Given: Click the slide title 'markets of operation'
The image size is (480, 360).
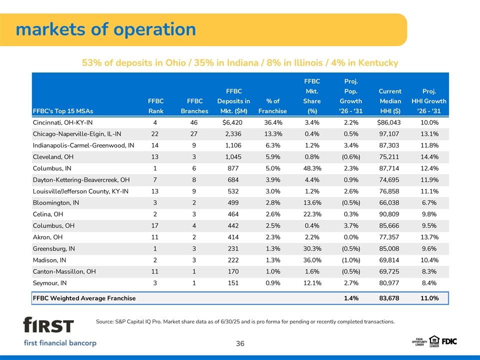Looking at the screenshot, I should (x=105, y=29).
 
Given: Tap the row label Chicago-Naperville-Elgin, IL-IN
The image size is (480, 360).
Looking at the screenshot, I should (x=76, y=133).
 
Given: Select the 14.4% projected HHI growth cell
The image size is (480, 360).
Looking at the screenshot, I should (x=428, y=156).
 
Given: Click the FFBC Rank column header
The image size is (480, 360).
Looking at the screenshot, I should (x=156, y=106).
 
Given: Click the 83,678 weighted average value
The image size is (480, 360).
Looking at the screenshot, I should (x=390, y=298).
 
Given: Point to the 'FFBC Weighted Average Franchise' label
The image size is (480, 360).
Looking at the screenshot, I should (x=84, y=298).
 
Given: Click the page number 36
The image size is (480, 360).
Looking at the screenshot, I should (x=240, y=343).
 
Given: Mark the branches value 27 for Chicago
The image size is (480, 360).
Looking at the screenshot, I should (x=194, y=133).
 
